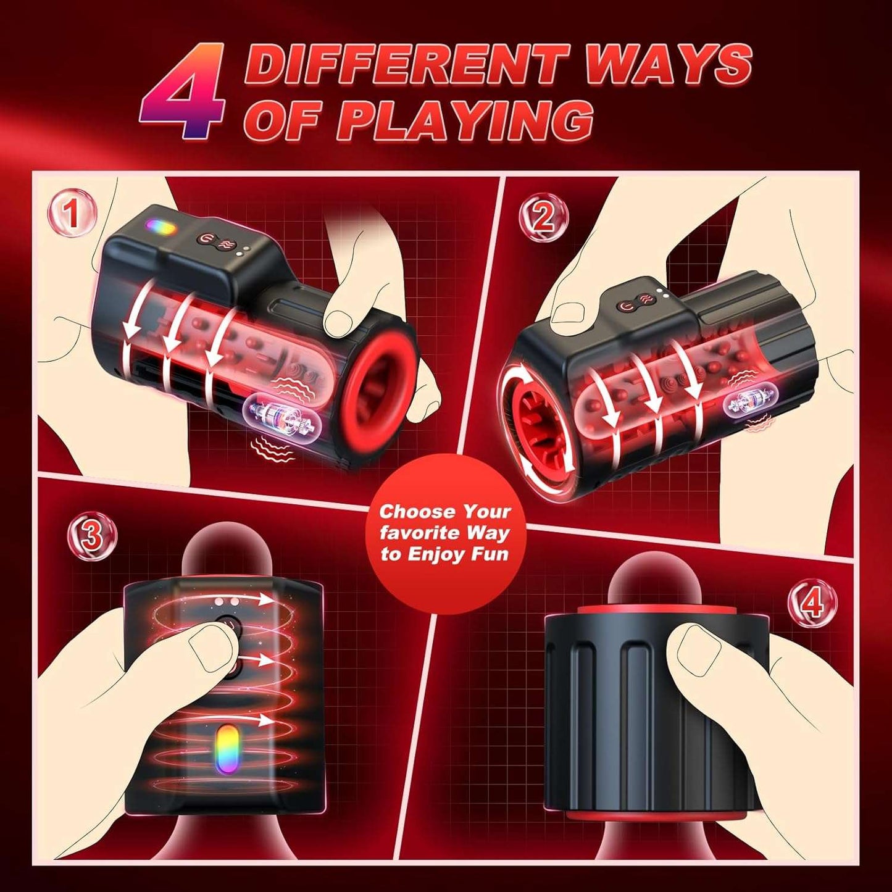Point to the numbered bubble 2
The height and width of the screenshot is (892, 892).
(x=543, y=217)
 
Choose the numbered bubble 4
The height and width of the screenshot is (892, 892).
(x=813, y=602)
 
